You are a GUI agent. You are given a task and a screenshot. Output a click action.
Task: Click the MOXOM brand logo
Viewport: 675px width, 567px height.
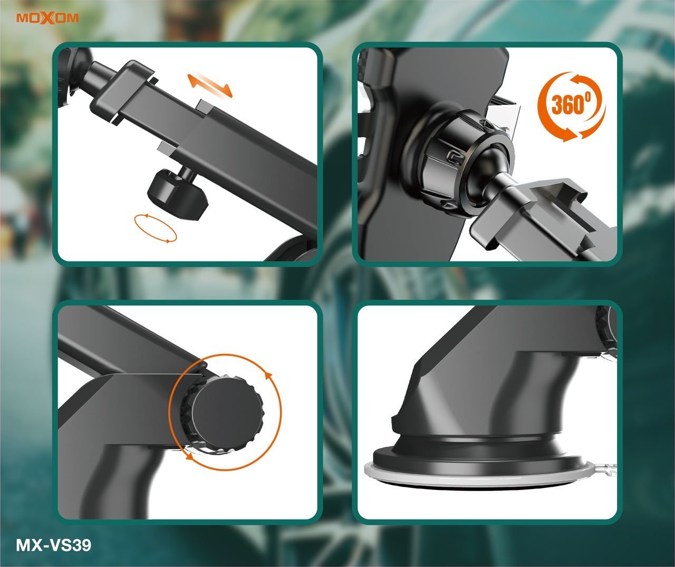coord(47,18)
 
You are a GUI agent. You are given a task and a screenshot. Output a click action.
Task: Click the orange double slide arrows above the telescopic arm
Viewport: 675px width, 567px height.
coord(210,85)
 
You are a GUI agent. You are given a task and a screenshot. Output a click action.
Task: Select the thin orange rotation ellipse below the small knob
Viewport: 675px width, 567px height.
coord(156,228)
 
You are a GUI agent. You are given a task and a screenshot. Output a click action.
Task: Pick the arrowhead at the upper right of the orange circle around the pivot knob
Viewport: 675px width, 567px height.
coord(268,376)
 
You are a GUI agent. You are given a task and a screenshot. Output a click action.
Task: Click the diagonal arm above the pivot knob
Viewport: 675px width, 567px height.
coord(129,343)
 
